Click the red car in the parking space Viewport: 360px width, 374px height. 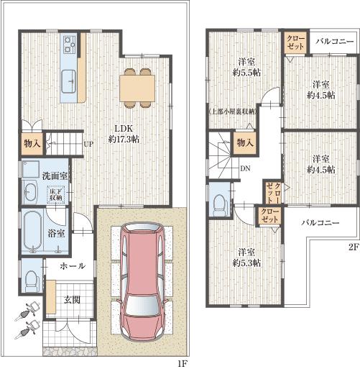[144, 280]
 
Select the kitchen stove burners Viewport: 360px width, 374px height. [70, 45]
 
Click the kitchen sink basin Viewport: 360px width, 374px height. [70, 78]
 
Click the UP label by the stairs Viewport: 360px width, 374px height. [88, 143]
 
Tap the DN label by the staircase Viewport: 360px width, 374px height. [245, 169]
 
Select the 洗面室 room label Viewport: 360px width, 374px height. [54, 175]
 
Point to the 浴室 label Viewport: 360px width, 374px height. [57, 233]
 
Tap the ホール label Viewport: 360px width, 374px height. [72, 265]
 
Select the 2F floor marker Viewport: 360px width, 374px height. [352, 246]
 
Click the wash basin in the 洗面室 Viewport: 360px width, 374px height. [30, 193]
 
